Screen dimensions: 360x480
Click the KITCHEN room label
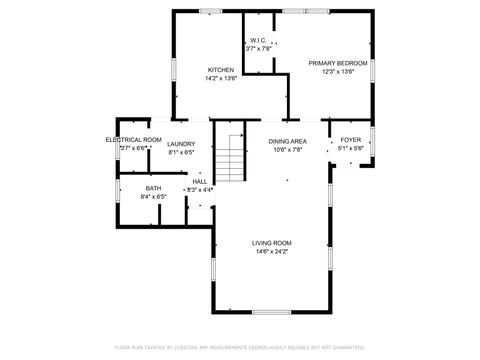(x=220, y=69)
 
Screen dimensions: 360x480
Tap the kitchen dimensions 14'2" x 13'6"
(x=220, y=78)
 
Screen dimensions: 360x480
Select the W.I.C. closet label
(x=258, y=40)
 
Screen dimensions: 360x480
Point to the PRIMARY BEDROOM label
(x=338, y=62)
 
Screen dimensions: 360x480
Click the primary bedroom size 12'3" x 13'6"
(x=338, y=71)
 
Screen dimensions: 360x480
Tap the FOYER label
(x=350, y=140)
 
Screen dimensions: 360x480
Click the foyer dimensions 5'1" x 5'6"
(x=350, y=149)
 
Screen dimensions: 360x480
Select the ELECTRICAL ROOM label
(x=134, y=139)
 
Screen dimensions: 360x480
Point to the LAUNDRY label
(x=181, y=144)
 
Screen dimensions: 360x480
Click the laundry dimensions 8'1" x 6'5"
(x=181, y=153)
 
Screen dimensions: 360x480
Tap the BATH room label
(x=153, y=188)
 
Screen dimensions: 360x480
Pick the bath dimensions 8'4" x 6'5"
(x=153, y=197)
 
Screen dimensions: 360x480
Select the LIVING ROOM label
(x=271, y=243)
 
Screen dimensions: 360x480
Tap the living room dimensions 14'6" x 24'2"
(x=270, y=252)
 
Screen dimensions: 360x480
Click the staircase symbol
(x=231, y=157)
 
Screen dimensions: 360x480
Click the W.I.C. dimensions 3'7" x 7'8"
(x=259, y=49)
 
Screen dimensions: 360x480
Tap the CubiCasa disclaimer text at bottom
(x=240, y=347)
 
